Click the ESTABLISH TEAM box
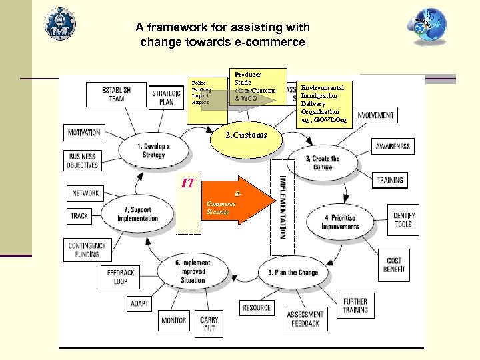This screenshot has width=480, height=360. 117,94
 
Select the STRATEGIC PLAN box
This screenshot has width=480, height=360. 167,97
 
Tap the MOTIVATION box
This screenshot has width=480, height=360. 84,132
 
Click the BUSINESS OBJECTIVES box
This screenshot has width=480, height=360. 83,161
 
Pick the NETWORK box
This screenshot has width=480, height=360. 85,193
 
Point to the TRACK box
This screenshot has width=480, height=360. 79,215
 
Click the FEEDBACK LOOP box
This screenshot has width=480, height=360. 121,277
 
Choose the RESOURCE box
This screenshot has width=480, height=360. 257,307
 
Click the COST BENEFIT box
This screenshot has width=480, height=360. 394,265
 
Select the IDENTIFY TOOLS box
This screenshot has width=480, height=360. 403,220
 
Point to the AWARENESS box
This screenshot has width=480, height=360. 393,146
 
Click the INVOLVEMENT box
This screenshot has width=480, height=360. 375,115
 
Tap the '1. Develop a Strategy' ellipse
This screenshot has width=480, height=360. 153,151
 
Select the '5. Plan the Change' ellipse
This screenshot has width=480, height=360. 293,273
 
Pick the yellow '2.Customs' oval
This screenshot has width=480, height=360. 245,135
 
